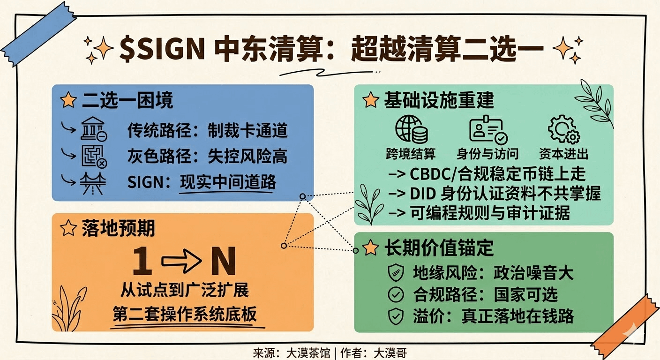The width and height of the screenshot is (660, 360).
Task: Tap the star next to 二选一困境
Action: pyautogui.click(x=68, y=100)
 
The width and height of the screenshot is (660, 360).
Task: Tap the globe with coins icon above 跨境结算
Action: pyautogui.click(x=411, y=129)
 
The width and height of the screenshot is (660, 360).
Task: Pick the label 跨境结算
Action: pyautogui.click(x=411, y=154)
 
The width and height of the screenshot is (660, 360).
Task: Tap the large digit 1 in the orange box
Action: pyautogui.click(x=142, y=262)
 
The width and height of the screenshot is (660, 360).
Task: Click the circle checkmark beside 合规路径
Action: pyautogui.click(x=396, y=294)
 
